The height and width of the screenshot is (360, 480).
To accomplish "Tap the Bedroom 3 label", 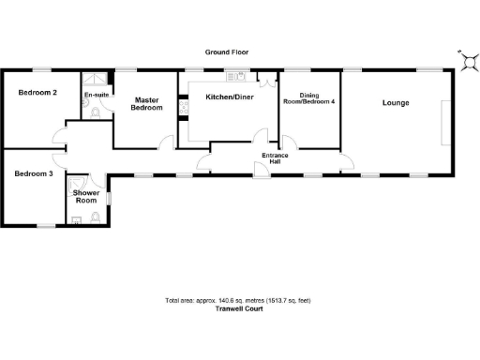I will coord(32,172).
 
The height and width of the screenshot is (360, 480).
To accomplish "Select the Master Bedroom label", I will coord(147,104).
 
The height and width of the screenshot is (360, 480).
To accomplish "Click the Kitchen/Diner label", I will coord(229,97).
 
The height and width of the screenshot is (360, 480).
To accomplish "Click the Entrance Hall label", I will coord(275,158).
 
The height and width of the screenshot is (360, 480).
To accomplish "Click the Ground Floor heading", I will coord(226,53).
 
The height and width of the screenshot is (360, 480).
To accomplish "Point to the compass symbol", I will coord(466,61).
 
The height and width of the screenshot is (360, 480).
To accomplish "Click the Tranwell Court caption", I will coord(238,308).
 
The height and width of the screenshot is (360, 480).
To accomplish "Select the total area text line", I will coord(237,300).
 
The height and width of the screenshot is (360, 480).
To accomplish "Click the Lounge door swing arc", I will coord(346,160).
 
